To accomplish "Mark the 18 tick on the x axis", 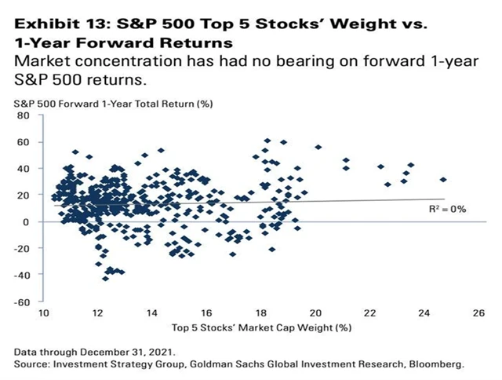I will click(260, 313).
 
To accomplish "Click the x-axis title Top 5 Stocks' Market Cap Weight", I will click(259, 327).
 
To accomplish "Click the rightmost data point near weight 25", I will click(443, 179).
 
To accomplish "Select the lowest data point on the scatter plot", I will click(106, 278).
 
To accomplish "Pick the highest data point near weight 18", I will click(267, 141).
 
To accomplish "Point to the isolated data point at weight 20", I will click(318, 147).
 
